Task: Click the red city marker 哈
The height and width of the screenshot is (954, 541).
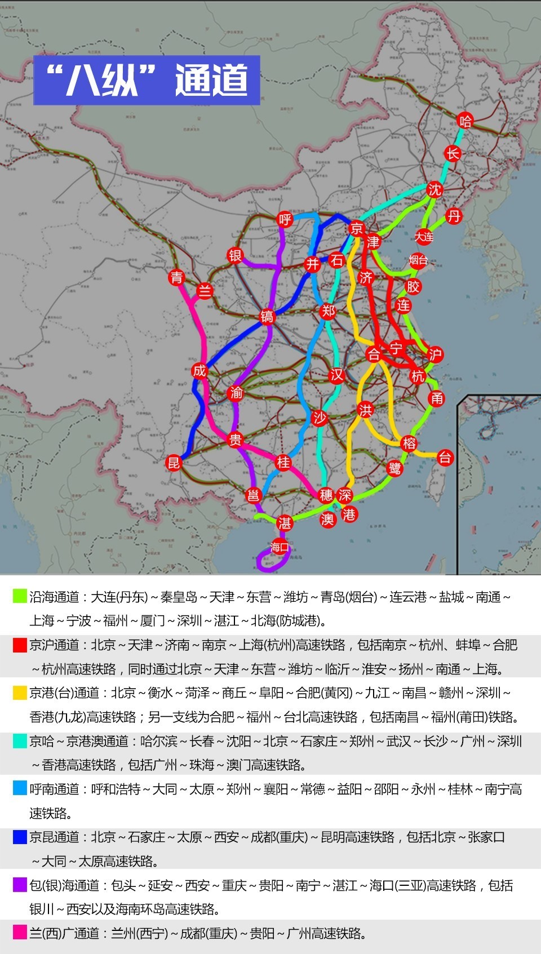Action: point(465,120)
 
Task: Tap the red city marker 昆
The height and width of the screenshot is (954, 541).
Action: point(174,463)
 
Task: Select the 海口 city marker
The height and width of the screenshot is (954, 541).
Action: point(280,547)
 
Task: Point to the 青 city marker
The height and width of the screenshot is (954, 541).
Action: point(177,277)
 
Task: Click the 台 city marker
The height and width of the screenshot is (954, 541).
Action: point(445,458)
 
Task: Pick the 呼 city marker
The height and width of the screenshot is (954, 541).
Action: point(286,219)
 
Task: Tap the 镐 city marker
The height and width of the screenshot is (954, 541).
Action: point(267,316)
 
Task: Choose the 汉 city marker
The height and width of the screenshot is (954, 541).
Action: point(336,375)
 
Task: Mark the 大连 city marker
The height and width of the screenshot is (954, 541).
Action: point(424,237)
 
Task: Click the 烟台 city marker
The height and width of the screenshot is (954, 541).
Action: point(418,260)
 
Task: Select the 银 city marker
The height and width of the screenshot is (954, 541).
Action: point(235,255)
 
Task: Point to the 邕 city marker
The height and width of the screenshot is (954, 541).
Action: point(254,495)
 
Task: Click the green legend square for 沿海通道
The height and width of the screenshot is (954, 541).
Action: point(20,596)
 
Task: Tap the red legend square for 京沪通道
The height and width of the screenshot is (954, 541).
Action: point(20,645)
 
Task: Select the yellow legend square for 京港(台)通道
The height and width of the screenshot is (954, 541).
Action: point(20,693)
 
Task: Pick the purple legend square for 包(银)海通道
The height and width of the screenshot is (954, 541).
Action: point(20,885)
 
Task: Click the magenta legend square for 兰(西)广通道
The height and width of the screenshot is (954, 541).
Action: point(20,933)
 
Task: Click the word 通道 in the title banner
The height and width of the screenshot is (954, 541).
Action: point(211,80)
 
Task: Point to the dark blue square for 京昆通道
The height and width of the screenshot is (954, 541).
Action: point(20,837)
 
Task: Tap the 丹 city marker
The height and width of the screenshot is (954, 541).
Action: point(454,216)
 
